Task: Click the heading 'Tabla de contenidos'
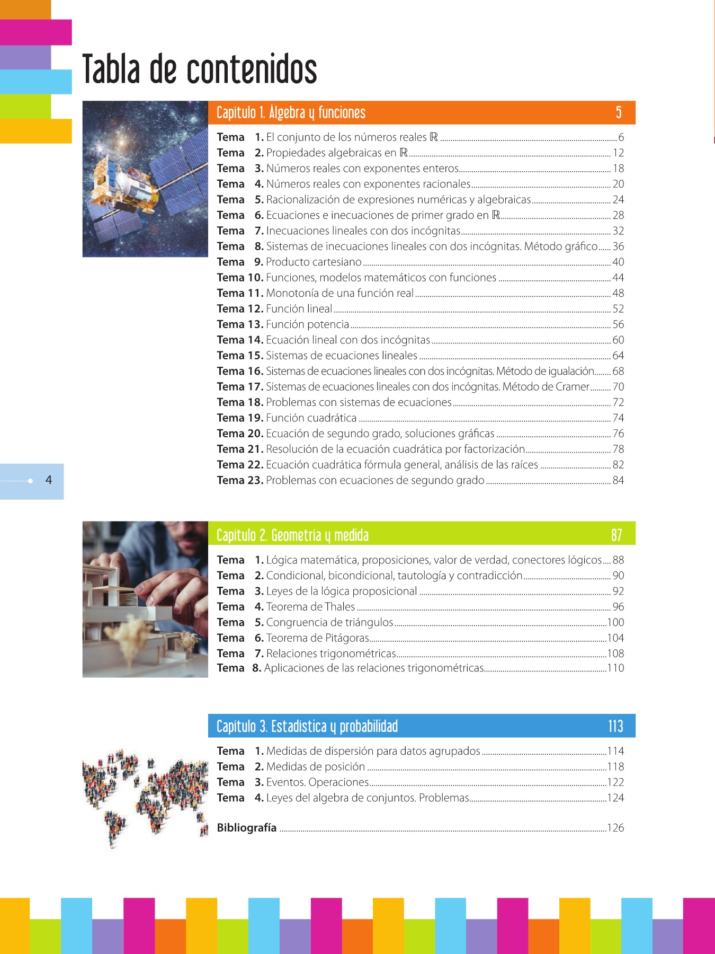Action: pos(200,69)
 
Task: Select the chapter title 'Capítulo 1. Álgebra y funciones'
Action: pos(291,112)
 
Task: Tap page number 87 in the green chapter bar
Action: pos(616,535)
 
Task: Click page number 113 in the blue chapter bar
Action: pos(615,726)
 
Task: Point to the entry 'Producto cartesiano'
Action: pos(314,262)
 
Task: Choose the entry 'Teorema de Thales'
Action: pos(310,606)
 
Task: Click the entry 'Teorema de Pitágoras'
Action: pos(317,638)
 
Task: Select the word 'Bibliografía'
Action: pos(247,827)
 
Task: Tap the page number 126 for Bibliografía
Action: pos(615,827)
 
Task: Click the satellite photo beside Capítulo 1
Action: pos(145,179)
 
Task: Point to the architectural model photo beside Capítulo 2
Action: pos(145,599)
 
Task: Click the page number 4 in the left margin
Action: pos(49,480)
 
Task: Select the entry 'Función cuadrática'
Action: pos(311,418)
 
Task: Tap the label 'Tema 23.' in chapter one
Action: pos(240,480)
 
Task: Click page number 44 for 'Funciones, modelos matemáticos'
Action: pos(618,277)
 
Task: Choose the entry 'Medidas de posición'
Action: pos(315,766)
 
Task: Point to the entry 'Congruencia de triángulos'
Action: pos(329,622)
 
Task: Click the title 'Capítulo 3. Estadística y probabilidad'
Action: pos(307,726)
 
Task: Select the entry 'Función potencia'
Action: pos(307,324)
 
